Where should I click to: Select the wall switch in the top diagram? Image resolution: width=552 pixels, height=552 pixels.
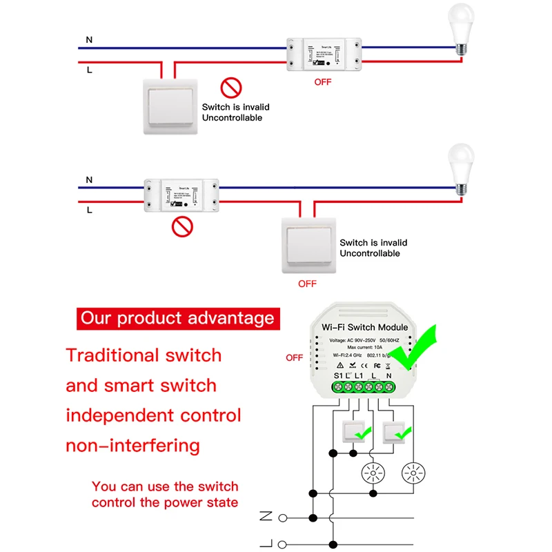[170, 106]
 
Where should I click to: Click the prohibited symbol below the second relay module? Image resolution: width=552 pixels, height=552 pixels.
[181, 226]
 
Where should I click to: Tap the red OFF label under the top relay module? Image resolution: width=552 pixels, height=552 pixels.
[322, 81]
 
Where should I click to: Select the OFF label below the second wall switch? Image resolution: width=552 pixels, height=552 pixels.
[307, 284]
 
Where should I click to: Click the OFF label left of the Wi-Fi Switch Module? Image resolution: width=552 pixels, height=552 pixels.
[295, 357]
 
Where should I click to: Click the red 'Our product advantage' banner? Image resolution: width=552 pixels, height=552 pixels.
[177, 318]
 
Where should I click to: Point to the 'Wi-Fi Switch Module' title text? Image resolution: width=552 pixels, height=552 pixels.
[366, 327]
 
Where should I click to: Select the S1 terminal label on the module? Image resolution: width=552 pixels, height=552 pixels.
[338, 375]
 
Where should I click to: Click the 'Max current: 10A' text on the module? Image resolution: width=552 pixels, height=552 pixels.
[366, 346]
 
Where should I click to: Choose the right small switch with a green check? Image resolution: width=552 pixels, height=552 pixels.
[394, 432]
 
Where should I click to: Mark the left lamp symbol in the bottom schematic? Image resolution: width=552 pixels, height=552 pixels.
[373, 474]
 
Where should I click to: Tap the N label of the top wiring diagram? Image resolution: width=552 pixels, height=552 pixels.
[89, 40]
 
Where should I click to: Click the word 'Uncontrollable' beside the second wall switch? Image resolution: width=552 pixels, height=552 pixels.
[370, 253]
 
